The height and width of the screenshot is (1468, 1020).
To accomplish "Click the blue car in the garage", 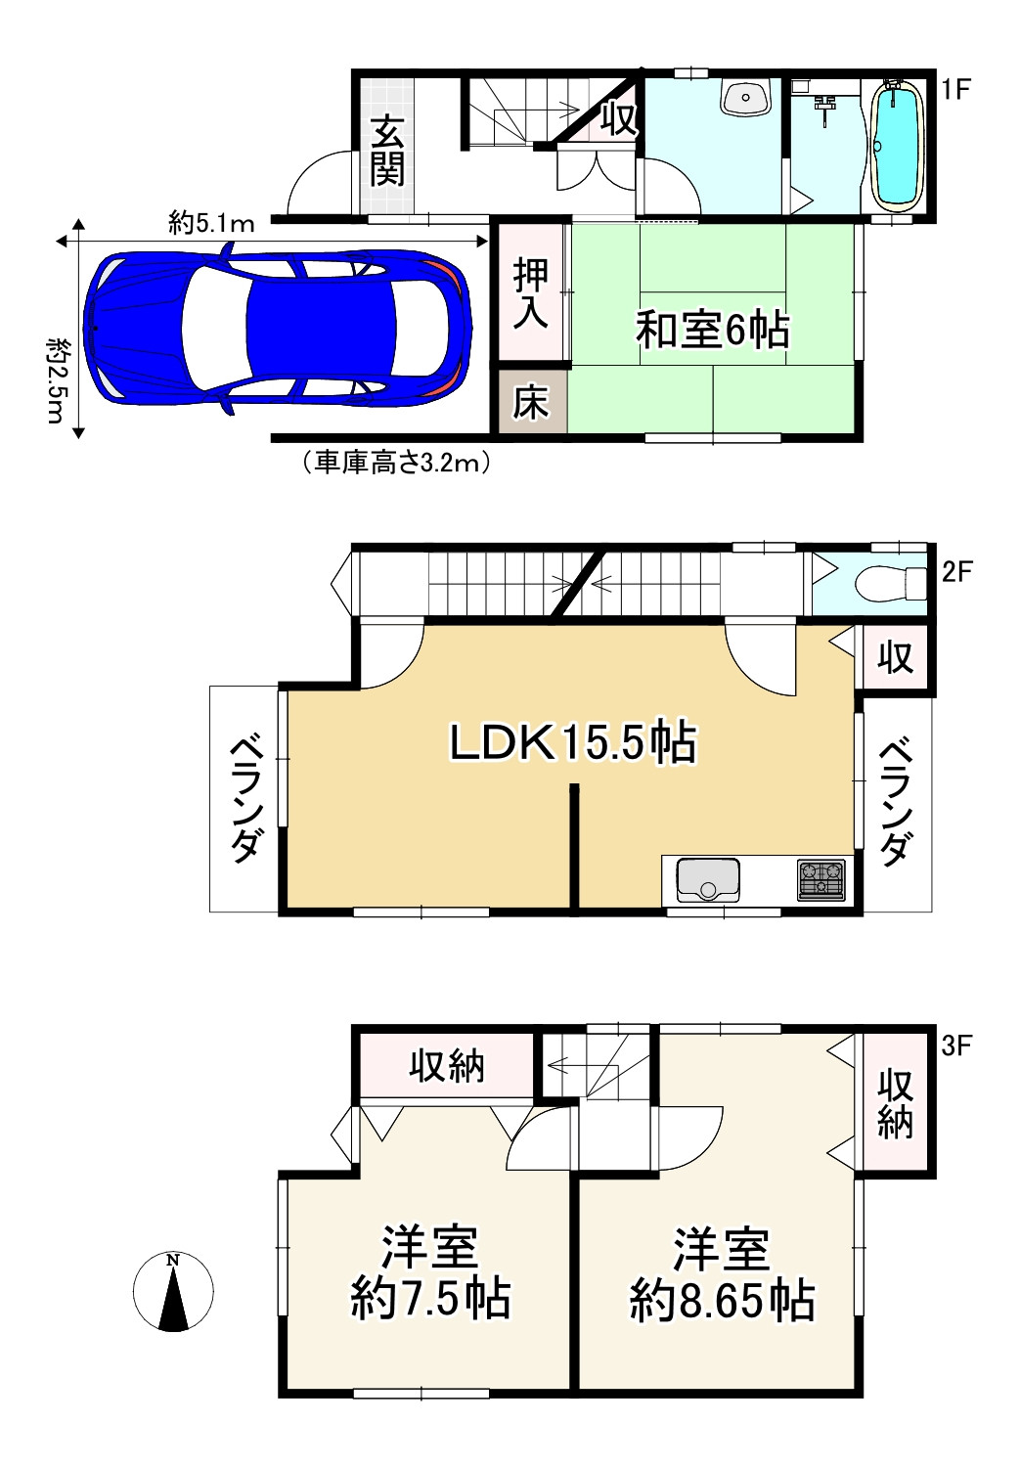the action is click(278, 328).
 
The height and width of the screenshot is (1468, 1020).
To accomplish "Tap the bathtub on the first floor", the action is click(896, 146).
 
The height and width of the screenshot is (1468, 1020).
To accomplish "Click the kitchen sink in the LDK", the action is click(708, 879).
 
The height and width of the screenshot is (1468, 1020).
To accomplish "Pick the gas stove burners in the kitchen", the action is click(820, 879).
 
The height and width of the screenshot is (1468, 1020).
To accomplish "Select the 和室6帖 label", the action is click(713, 330).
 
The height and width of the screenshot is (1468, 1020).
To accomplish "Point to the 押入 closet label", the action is click(531, 293).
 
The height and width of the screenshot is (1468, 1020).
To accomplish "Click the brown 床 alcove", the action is click(533, 401).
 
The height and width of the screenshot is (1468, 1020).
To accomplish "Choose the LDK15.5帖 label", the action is click(572, 742).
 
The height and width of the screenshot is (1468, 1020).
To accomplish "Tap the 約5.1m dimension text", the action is click(211, 224).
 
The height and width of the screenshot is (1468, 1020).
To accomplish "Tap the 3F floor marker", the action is click(955, 1045).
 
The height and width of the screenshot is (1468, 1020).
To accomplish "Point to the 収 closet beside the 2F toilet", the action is click(896, 657).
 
